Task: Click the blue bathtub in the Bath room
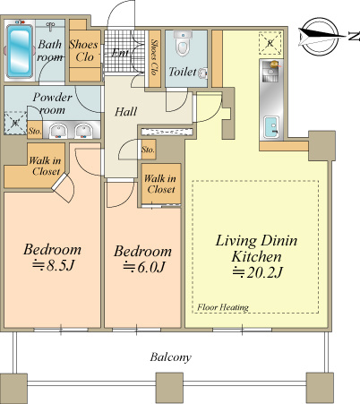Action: [x=20, y=51]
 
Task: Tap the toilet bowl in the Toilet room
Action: [x=183, y=44]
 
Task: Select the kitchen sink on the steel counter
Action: [x=271, y=127]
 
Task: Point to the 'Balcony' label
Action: [x=170, y=357]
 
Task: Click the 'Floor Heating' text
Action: [x=223, y=307]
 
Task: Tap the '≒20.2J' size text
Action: [x=257, y=272]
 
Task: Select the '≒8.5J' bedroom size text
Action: [x=53, y=265]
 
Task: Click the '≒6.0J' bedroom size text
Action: [x=144, y=267]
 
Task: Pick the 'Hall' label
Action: [x=126, y=112]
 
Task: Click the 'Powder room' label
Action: [x=53, y=104]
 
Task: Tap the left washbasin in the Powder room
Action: [x=58, y=131]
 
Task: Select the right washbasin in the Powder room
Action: [x=84, y=131]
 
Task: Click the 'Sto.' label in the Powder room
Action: [x=35, y=131]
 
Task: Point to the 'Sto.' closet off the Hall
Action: [x=148, y=150]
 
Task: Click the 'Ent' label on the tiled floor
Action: [x=121, y=53]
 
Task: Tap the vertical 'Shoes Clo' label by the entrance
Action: [x=154, y=56]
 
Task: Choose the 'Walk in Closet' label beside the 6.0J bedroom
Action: [x=160, y=184]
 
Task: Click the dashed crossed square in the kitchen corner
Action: [x=270, y=43]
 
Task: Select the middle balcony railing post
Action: [x=169, y=388]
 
